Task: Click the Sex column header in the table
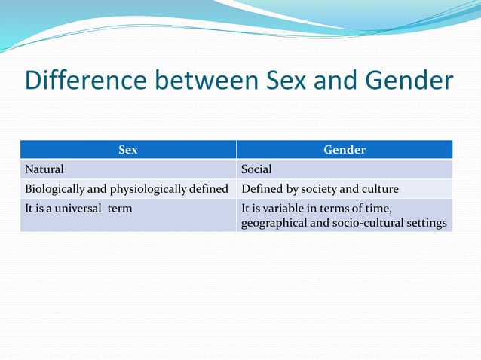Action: click(128, 150)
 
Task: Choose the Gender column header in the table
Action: click(345, 150)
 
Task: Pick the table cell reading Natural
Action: click(44, 169)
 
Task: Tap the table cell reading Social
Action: click(256, 169)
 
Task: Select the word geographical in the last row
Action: click(274, 223)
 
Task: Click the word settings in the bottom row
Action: click(427, 223)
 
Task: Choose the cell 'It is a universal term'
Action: click(128, 215)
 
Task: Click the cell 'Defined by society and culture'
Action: click(345, 188)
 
